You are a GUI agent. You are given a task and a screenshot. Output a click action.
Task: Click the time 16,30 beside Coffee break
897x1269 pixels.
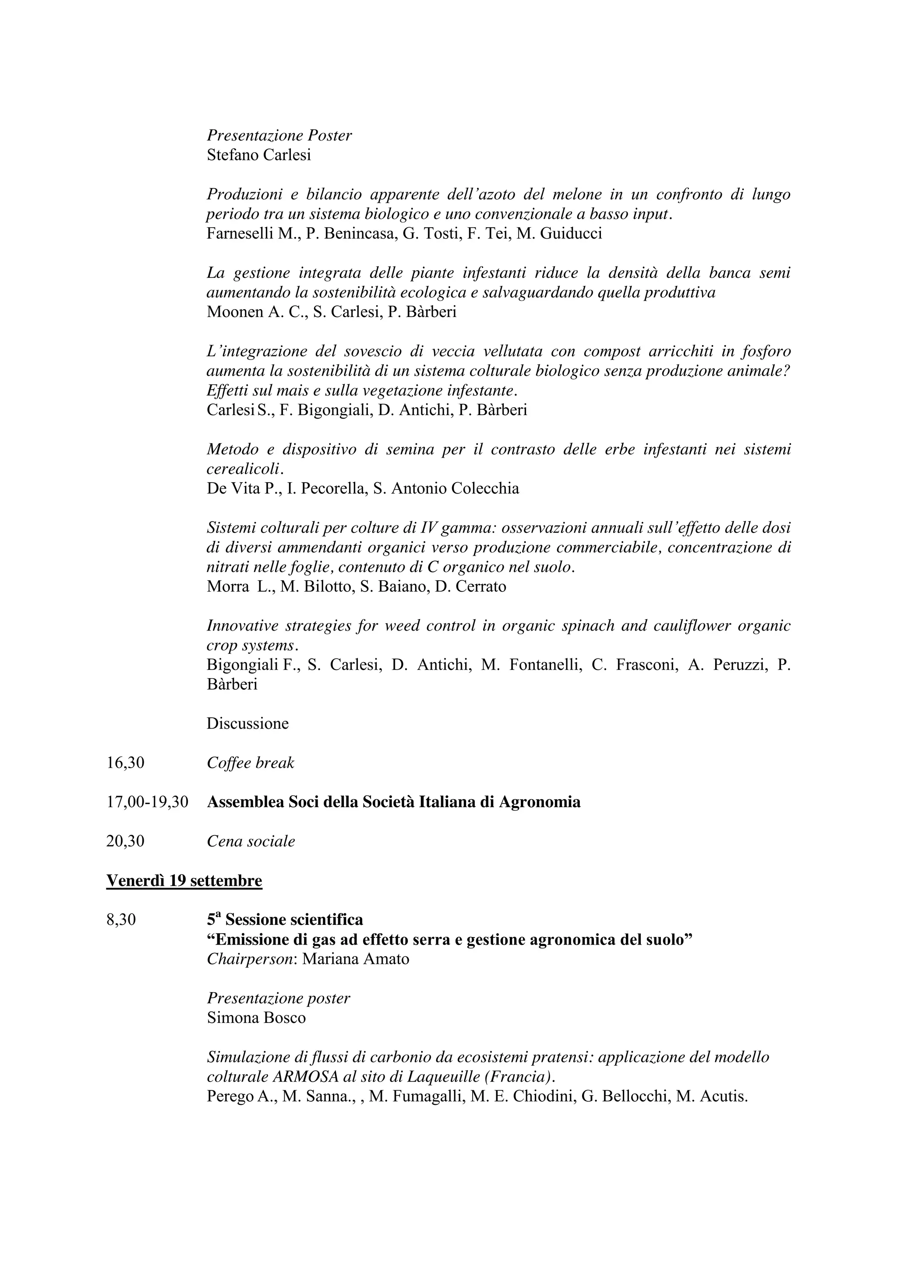125,763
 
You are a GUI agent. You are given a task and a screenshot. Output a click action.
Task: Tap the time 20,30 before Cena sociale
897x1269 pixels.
125,841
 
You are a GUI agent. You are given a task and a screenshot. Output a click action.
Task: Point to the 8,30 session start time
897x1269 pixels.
121,920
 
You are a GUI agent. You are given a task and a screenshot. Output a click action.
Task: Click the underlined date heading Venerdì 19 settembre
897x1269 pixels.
184,881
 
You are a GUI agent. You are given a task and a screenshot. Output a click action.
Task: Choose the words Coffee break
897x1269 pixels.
251,763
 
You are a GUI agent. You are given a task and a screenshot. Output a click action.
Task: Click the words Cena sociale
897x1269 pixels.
251,841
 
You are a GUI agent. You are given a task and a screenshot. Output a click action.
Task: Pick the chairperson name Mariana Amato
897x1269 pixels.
356,959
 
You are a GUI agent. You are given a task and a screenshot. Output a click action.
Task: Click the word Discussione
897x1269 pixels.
247,723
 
